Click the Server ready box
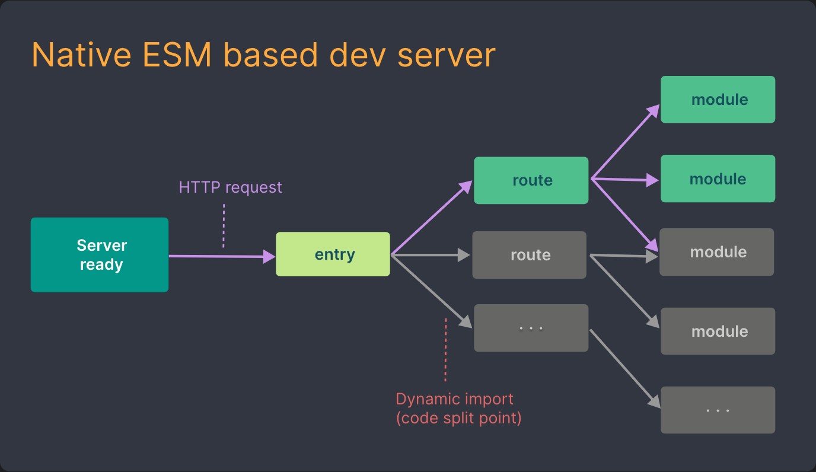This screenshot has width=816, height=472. point(99,254)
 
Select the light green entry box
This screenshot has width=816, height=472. point(333,254)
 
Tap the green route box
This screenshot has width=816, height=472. point(531,180)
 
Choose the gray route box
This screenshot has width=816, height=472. point(529,255)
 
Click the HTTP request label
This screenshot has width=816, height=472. point(230,187)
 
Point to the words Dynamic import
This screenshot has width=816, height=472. point(454,399)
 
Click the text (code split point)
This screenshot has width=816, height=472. point(458,418)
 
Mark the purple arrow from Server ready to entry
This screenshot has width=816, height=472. point(219,256)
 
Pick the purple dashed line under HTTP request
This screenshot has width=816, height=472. point(224,225)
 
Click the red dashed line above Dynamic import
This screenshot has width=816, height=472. point(445,350)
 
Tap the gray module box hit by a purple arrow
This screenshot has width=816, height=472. point(716,252)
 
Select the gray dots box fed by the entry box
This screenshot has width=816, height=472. point(531,328)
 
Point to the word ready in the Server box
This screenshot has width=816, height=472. point(101,264)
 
